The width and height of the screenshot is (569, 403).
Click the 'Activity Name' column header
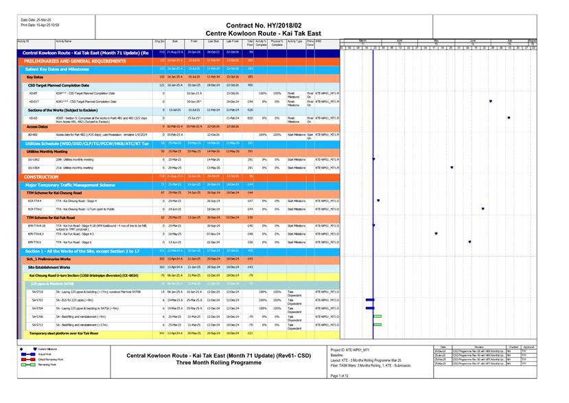tap(64, 42)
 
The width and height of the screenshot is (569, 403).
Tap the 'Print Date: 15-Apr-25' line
tap(40, 25)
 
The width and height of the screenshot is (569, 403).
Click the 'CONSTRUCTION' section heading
tap(41, 176)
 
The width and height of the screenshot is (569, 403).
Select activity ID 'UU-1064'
tap(34, 168)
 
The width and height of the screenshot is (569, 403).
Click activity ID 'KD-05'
tap(34, 117)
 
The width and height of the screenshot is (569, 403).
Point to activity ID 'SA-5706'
tap(38, 316)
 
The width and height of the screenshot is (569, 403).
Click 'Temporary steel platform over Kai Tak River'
tap(69, 333)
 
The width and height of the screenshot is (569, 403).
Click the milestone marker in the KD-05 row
tap(508, 117)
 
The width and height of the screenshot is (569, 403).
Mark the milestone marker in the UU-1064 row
tap(452, 168)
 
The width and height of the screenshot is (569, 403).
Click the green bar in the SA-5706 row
tap(377, 316)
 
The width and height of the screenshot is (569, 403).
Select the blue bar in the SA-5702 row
tap(370, 300)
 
